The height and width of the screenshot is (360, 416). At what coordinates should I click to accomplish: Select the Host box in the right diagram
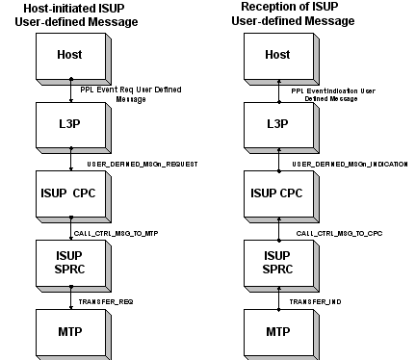(x=277, y=57)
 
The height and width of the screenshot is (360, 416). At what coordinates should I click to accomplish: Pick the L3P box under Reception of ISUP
(x=277, y=123)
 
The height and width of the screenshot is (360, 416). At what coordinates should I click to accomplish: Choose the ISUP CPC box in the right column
(x=277, y=193)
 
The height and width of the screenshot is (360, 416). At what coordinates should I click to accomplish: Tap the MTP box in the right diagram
(x=277, y=331)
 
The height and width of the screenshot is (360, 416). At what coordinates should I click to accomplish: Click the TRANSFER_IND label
(x=314, y=301)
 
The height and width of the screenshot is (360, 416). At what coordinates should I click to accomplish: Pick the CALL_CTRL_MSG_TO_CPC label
(x=331, y=232)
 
